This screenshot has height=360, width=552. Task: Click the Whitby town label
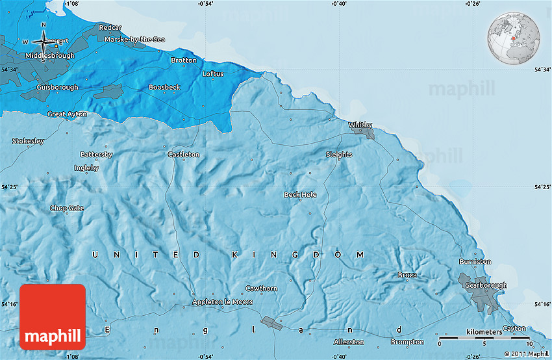point(360,125)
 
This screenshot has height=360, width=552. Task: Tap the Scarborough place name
point(486,285)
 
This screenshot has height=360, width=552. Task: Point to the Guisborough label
point(57,87)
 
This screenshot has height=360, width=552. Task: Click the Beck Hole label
point(300,194)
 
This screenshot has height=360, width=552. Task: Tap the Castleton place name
point(184,155)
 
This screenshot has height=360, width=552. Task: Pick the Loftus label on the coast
point(212,74)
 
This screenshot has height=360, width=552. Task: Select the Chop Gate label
point(67,208)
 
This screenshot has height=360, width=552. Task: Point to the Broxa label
point(407,276)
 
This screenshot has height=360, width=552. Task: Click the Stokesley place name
point(29,141)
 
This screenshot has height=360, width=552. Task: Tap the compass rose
point(43,42)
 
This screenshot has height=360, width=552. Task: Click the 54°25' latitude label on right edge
point(542,187)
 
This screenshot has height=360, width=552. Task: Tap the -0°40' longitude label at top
point(339,4)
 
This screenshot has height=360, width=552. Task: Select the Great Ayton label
point(67,114)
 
